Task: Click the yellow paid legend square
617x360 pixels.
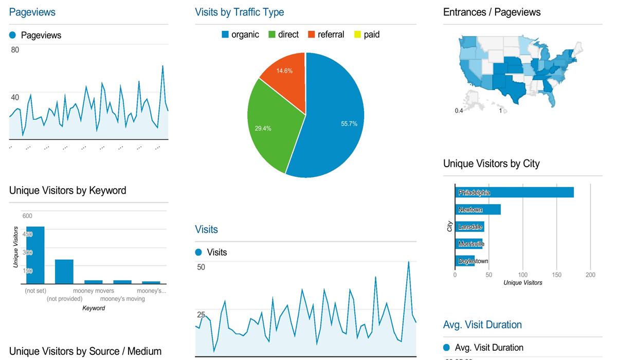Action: (357, 35)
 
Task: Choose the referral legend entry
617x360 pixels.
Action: (326, 35)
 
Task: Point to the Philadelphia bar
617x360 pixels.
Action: (514, 192)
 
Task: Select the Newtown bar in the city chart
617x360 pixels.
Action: (478, 210)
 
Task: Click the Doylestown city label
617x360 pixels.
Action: (473, 261)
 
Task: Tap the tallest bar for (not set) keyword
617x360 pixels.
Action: (35, 255)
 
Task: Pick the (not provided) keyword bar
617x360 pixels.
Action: (64, 271)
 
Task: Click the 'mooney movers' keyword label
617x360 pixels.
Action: (94, 291)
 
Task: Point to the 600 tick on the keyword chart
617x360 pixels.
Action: (27, 216)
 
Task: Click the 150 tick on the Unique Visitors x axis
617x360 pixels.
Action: (557, 275)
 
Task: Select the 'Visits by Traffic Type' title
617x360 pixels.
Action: (239, 12)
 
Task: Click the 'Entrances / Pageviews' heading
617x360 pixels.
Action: (492, 12)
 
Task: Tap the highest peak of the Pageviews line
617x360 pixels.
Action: (162, 66)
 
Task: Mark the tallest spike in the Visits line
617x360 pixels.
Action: (408, 262)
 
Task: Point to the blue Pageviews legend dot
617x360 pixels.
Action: (13, 35)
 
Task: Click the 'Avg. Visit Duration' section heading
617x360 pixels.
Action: (482, 325)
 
